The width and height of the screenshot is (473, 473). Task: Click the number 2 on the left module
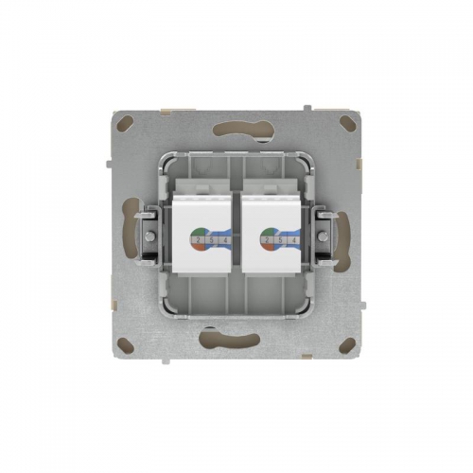click(x=198, y=240)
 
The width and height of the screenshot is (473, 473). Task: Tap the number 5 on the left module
click(x=211, y=240)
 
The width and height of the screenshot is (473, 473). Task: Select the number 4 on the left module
click(x=225, y=240)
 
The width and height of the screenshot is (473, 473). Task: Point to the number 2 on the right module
click(x=267, y=240)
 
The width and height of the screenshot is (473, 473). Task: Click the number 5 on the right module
click(x=280, y=240)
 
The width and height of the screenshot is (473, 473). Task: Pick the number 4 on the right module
click(x=294, y=240)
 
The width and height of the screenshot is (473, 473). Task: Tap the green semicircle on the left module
click(x=198, y=233)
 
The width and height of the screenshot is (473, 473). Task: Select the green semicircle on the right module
click(x=267, y=233)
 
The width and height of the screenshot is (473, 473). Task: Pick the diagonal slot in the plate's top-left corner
click(x=123, y=121)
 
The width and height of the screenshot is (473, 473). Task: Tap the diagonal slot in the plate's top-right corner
click(x=350, y=121)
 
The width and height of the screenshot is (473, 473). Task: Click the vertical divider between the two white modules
click(x=236, y=236)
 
